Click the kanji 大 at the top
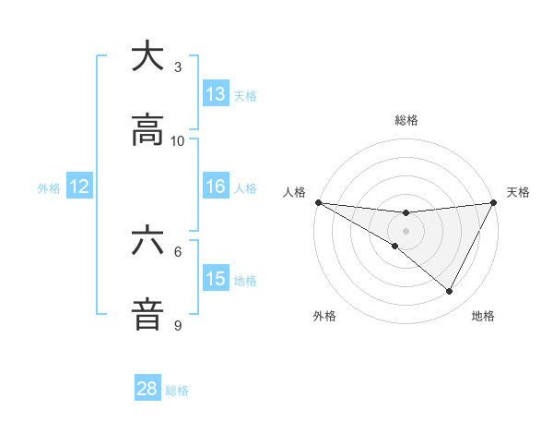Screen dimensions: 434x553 pos(147,57)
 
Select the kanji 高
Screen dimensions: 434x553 pos(147,131)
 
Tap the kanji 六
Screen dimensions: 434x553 pos(147,242)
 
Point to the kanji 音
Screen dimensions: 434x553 pos(147,315)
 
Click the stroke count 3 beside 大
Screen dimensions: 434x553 pos(178,66)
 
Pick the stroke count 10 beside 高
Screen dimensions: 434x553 pos(178,140)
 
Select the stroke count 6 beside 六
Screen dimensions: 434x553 pos(178,251)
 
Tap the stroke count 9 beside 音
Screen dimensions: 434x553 pos(178,325)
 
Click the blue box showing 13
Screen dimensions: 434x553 pos(216,94)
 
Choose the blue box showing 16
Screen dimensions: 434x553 pos(216,187)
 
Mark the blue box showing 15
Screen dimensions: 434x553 pos(216,279)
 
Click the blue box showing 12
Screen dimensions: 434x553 pos(79,187)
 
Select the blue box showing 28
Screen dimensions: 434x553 pos(147,389)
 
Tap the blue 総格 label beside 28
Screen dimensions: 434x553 pos(177,391)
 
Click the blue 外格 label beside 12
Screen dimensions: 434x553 pos(49,188)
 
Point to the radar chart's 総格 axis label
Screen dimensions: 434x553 pos(406,120)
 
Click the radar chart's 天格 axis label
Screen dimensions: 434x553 pos(518,192)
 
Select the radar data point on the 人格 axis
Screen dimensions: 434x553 pos(318,201)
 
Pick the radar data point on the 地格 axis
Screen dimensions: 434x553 pos(450,292)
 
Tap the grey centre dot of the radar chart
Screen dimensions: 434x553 pos(406,230)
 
